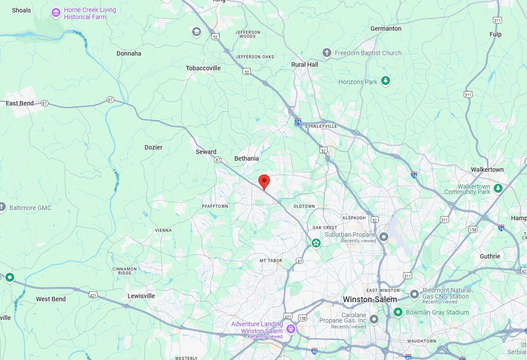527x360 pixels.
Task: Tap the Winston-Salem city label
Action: coord(370,299)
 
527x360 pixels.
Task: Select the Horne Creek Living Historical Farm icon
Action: coord(56,13)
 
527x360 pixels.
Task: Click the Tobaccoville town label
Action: coord(203,68)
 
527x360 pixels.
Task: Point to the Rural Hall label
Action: coord(305,65)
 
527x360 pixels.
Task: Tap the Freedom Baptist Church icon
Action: coord(327,53)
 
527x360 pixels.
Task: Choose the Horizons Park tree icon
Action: coord(386,81)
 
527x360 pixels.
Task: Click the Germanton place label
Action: coord(386,28)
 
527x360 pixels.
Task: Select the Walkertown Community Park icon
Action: coord(498,189)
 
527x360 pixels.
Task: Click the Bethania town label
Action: coord(246,158)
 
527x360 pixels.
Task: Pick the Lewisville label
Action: coord(141,296)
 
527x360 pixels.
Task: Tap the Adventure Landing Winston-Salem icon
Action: coord(291,329)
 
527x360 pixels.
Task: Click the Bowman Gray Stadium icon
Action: coord(398,312)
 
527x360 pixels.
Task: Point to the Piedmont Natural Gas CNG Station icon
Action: coord(414,294)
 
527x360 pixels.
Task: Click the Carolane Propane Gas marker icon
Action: coord(374,319)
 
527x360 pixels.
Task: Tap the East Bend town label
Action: coord(20,103)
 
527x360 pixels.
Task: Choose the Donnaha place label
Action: coord(129,53)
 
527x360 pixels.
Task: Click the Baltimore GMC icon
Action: coord(3,207)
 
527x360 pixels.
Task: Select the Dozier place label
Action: coord(153,147)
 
